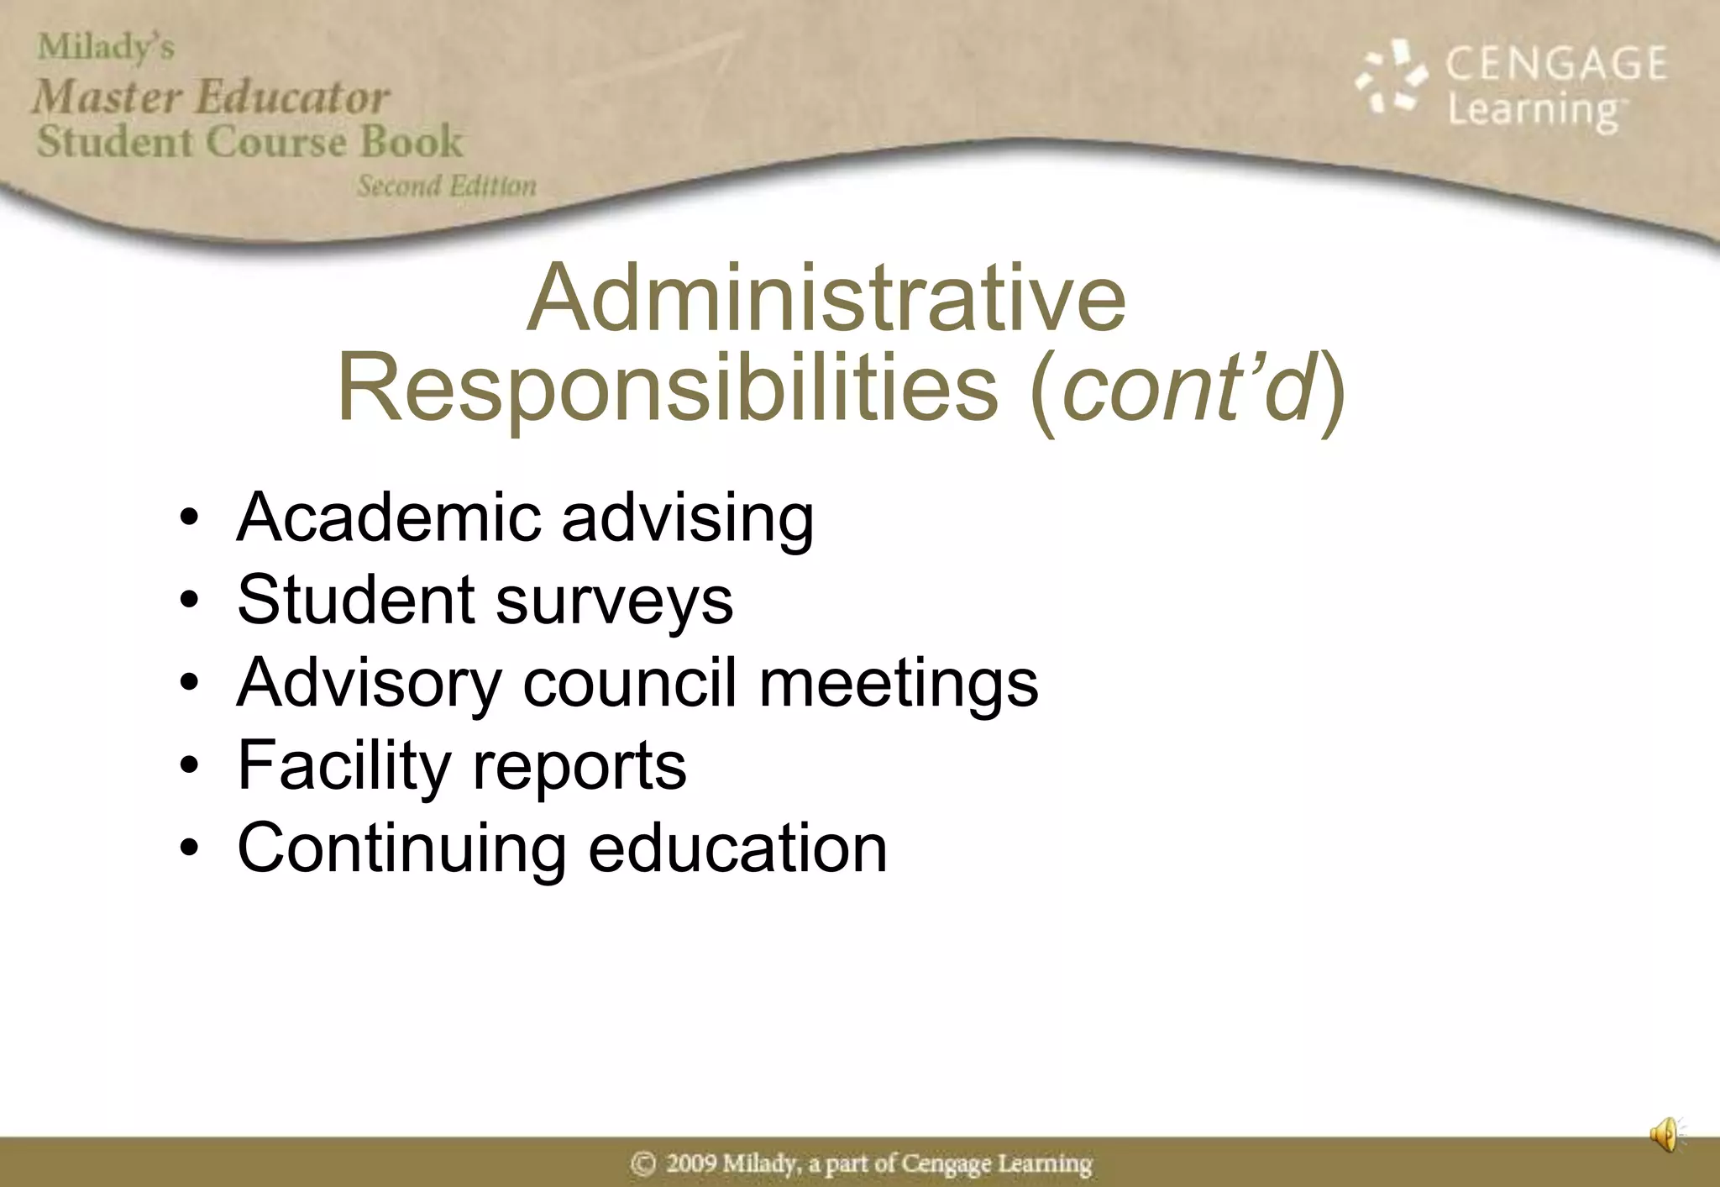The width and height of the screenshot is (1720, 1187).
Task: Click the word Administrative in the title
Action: pos(826,299)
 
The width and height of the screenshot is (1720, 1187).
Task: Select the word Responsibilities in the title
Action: pos(668,388)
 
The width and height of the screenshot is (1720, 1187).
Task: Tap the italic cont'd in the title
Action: pos(1188,388)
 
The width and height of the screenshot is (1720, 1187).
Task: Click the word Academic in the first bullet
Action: pos(389,517)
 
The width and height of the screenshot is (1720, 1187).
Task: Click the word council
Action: pos(629,682)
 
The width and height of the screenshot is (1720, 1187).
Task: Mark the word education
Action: pos(737,848)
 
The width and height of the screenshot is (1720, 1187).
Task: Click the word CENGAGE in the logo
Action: pos(1555,64)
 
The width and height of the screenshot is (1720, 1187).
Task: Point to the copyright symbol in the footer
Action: pos(643,1163)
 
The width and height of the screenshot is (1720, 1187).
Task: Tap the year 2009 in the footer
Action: pos(690,1163)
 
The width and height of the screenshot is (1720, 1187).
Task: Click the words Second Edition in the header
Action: pos(446,186)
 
